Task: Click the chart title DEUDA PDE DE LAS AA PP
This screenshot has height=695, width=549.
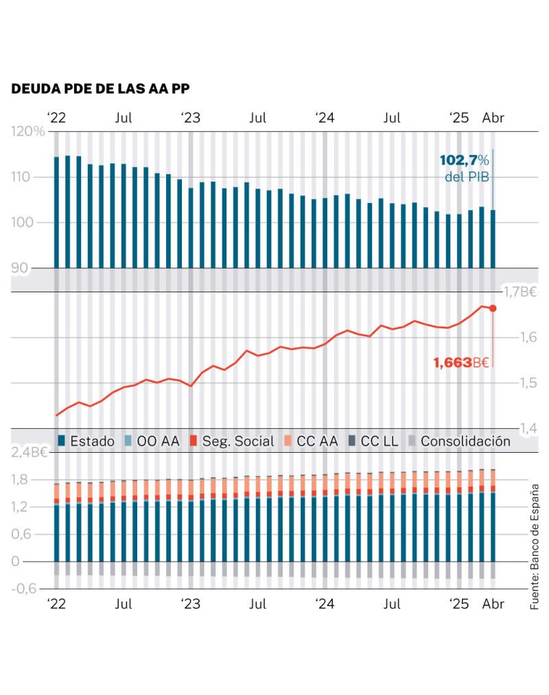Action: pos(101,89)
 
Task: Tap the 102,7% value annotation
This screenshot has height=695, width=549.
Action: pos(465,160)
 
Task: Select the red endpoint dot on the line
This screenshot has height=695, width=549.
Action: pos(493,308)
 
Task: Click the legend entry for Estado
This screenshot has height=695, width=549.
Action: pos(86,441)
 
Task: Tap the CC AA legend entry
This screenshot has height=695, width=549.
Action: pos(312,441)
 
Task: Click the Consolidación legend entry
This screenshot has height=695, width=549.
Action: pos(459,441)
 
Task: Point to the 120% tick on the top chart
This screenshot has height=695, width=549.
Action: pos(28,132)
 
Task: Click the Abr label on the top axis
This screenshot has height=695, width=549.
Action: pos(493,117)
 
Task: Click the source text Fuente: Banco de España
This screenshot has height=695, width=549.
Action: pos(535,546)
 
